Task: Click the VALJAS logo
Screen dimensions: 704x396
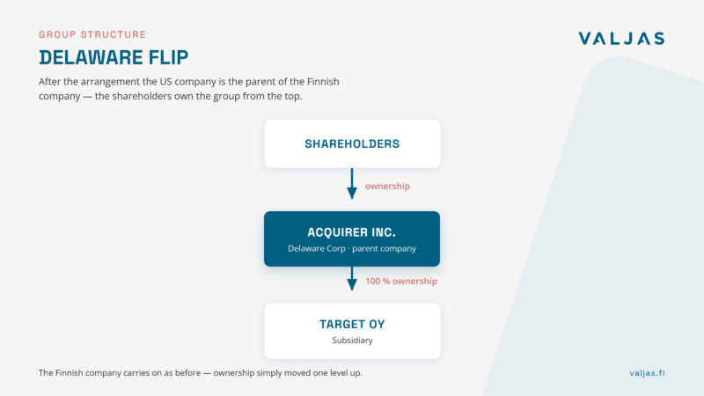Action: (x=621, y=39)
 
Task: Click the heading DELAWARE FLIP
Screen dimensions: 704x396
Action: (x=114, y=57)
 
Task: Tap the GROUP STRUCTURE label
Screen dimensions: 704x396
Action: (x=92, y=34)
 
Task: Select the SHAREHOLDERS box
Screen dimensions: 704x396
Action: (x=352, y=143)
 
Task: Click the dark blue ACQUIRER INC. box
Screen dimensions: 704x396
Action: (x=352, y=238)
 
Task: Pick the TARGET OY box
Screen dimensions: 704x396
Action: (x=352, y=331)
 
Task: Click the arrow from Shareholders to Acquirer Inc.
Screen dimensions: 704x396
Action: (x=352, y=184)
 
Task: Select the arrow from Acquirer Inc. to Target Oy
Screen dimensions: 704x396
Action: (x=352, y=278)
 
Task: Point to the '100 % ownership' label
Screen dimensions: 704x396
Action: (x=401, y=282)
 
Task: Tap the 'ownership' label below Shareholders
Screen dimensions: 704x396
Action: (x=387, y=187)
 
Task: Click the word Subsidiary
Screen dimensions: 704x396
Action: (x=353, y=341)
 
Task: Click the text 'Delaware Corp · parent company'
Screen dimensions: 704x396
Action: (x=352, y=248)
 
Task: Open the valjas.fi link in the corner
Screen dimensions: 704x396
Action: (x=647, y=373)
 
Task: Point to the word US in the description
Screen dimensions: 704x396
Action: (x=165, y=82)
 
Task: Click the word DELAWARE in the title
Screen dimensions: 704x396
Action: (x=92, y=57)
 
